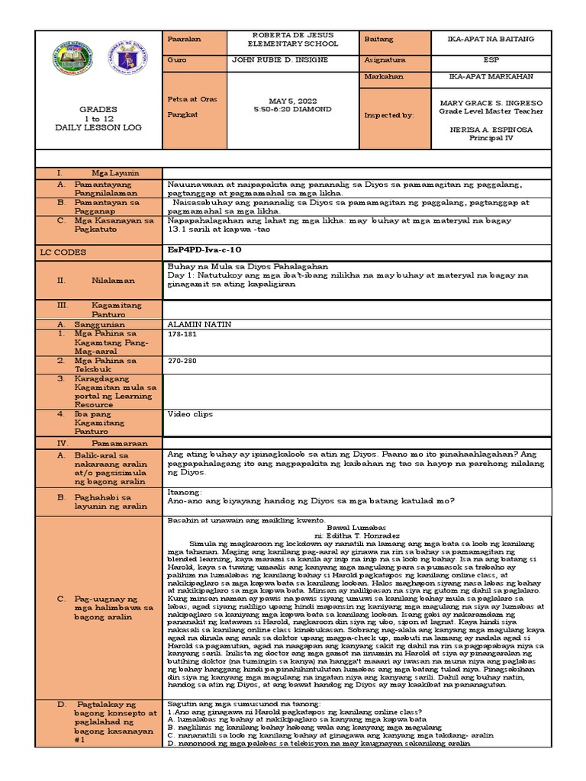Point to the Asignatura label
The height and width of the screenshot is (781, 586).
click(x=387, y=59)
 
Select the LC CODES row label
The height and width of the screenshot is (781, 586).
click(x=64, y=252)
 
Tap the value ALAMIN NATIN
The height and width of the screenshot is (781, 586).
click(x=198, y=324)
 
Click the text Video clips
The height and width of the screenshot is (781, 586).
click(x=190, y=414)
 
